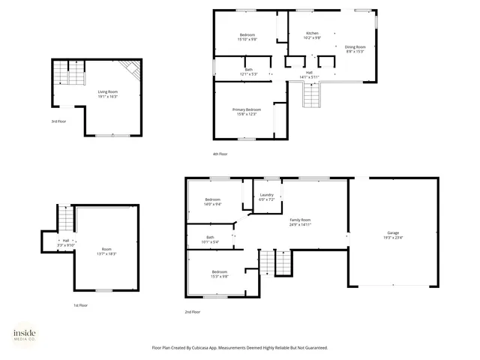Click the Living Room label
pyautogui.click(x=107, y=91)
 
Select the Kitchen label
pyautogui.click(x=312, y=33)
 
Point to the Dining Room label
pyautogui.click(x=355, y=47)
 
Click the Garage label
pyautogui.click(x=393, y=233)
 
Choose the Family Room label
pyautogui.click(x=300, y=220)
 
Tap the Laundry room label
pyautogui.click(x=266, y=195)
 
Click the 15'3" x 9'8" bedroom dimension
pyautogui.click(x=219, y=276)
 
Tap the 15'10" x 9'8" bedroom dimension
pyautogui.click(x=247, y=40)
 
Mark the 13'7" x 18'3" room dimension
pyautogui.click(x=106, y=254)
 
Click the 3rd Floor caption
pyautogui.click(x=58, y=121)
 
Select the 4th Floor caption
pyautogui.click(x=220, y=154)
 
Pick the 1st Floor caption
pyautogui.click(x=80, y=305)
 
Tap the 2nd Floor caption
pyautogui.click(x=193, y=312)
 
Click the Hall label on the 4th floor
pyautogui.click(x=309, y=72)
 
